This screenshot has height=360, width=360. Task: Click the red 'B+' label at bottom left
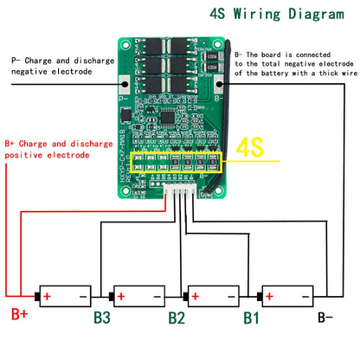[x=18, y=316]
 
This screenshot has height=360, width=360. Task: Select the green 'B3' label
[x=102, y=317]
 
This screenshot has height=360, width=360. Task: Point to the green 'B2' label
[x=177, y=317]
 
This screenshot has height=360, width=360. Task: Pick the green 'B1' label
[x=250, y=317]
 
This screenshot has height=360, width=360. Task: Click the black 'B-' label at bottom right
[x=325, y=317]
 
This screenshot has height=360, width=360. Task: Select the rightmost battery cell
[x=287, y=296]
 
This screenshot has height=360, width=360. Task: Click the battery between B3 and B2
[x=139, y=296]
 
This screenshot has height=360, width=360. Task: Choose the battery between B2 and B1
[x=214, y=296]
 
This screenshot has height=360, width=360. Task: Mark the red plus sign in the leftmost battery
[x=47, y=296]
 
